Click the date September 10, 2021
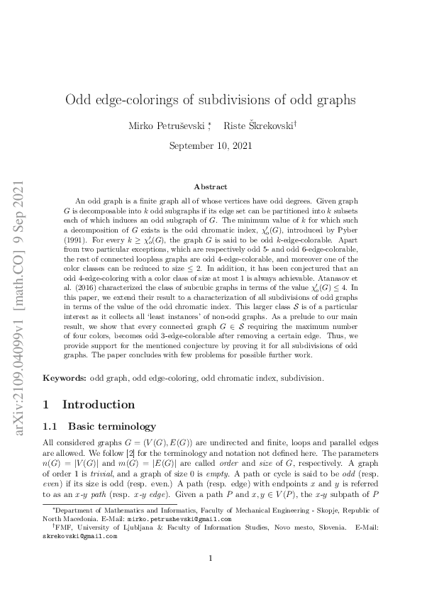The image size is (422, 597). [x=210, y=146]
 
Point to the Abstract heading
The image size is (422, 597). [x=210, y=187]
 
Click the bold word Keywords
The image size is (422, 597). [x=64, y=379]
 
